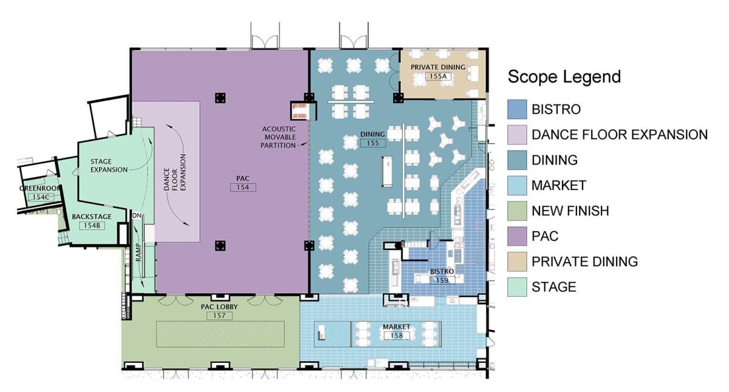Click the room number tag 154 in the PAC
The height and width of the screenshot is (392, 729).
pos(243,188)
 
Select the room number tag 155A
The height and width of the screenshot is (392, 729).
pos(437,76)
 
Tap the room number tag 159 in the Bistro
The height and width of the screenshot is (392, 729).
pos(440,280)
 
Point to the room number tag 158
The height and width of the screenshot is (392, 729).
pos(396,336)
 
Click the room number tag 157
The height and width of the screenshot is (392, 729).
pos(219,316)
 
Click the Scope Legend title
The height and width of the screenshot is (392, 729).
pos(564,77)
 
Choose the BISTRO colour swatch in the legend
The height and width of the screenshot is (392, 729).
pos(516,109)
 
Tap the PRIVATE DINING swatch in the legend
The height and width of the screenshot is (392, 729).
pos(516,262)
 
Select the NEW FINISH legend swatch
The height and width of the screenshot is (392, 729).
pos(516,211)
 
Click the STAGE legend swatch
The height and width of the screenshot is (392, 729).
pos(516,287)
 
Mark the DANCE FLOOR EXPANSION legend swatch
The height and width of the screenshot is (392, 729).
pos(516,135)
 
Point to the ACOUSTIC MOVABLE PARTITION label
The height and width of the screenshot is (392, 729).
pos(279,137)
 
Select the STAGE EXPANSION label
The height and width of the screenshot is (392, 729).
pos(109,166)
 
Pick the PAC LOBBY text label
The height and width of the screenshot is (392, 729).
pos(219,306)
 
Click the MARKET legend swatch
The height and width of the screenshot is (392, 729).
pos(516,185)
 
